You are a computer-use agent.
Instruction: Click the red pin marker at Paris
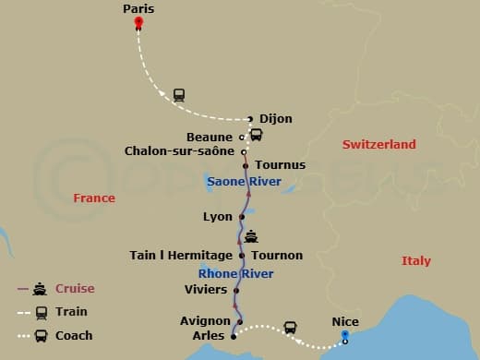[x=138, y=22]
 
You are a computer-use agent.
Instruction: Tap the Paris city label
[x=138, y=8]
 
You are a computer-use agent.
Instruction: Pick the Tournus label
[x=280, y=165]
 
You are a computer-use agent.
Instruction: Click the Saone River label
[x=245, y=182]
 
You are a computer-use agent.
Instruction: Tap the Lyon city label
[x=217, y=217]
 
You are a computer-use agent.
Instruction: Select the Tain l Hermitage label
[x=181, y=255]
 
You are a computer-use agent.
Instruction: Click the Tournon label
[x=276, y=255]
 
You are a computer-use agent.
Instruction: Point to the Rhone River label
[x=235, y=273]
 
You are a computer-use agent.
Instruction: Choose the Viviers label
[x=206, y=290]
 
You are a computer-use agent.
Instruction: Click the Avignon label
[x=206, y=321]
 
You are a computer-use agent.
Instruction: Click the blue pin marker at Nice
[x=344, y=335]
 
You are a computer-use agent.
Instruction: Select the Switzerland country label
[x=378, y=145]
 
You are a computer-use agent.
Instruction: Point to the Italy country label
[x=415, y=261]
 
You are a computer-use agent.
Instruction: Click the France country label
[x=94, y=198]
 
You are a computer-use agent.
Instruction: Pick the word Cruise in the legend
[x=75, y=289]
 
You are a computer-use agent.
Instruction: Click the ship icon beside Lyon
[x=252, y=236]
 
